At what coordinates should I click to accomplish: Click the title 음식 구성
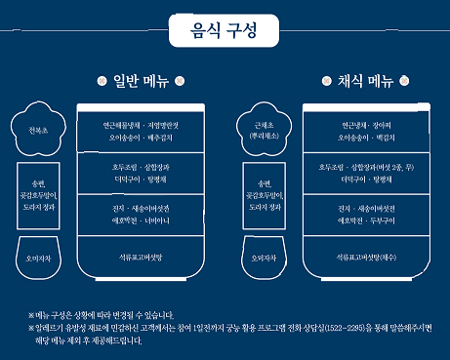pyautogui.click(x=225, y=30)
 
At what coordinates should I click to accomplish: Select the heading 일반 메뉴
pyautogui.click(x=147, y=81)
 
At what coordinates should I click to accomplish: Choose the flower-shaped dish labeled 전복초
pyautogui.click(x=38, y=128)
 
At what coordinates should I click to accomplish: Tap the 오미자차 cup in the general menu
pyautogui.click(x=39, y=259)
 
